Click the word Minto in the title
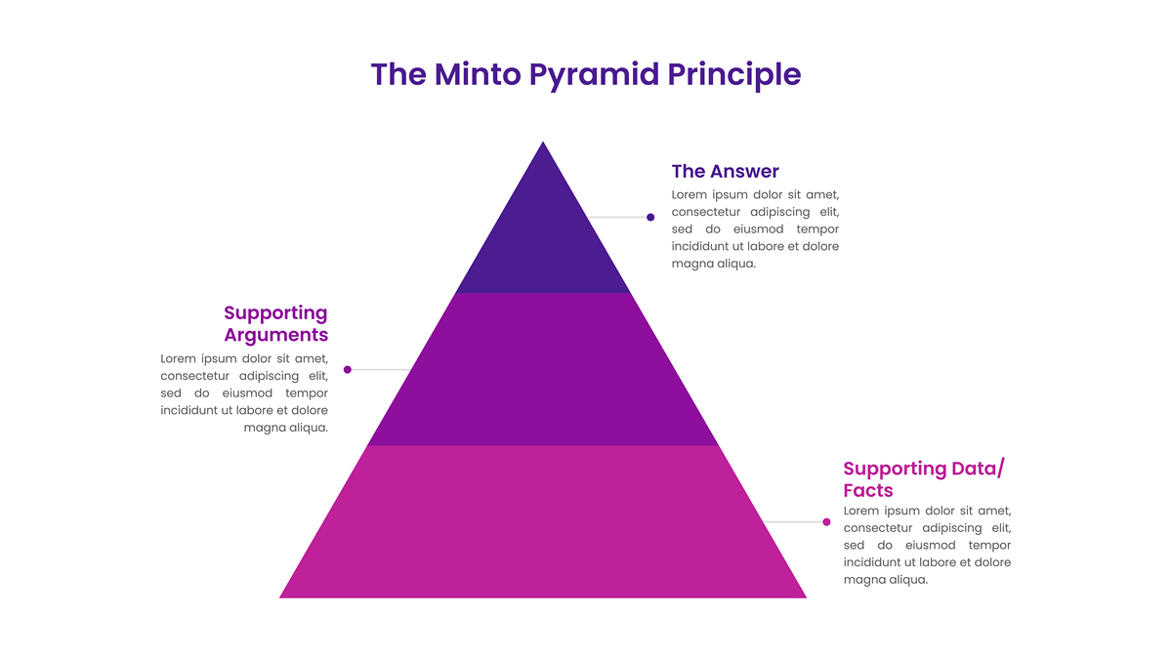pyautogui.click(x=478, y=74)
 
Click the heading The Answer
pyautogui.click(x=725, y=171)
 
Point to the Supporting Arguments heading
pyautogui.click(x=275, y=324)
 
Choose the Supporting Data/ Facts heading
pyautogui.click(x=924, y=479)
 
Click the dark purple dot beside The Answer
pyautogui.click(x=650, y=217)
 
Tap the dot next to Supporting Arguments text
pyautogui.click(x=348, y=370)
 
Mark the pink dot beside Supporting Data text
pyautogui.click(x=826, y=522)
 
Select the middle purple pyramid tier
pyautogui.click(x=543, y=369)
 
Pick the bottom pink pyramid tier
pyautogui.click(x=543, y=522)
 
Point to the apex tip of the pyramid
pyautogui.click(x=543, y=142)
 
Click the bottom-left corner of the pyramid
pyautogui.click(x=279, y=597)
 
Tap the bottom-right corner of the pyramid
pyautogui.click(x=807, y=597)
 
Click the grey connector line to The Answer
pyautogui.click(x=617, y=217)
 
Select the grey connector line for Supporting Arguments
pyautogui.click(x=380, y=370)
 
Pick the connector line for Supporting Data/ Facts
pyautogui.click(x=794, y=522)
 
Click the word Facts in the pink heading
pyautogui.click(x=868, y=490)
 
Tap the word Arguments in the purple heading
pyautogui.click(x=275, y=335)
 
